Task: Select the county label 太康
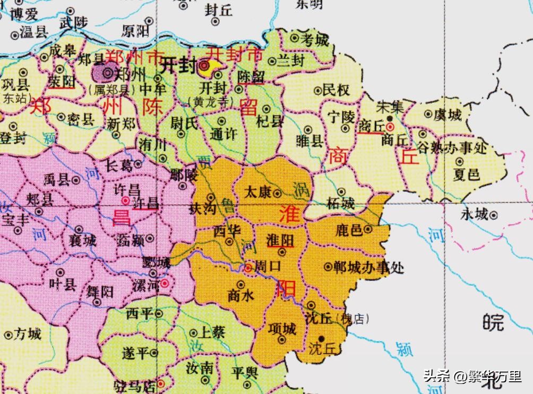(257, 191)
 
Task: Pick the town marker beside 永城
(493, 215)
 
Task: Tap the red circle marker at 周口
(248, 267)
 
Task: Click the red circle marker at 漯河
(165, 284)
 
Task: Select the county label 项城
(282, 329)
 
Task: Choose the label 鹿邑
(349, 230)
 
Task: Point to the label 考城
(315, 39)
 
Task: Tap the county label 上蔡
(211, 332)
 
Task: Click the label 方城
(28, 334)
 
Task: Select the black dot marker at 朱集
(390, 118)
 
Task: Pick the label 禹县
(56, 180)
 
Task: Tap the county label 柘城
(340, 203)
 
